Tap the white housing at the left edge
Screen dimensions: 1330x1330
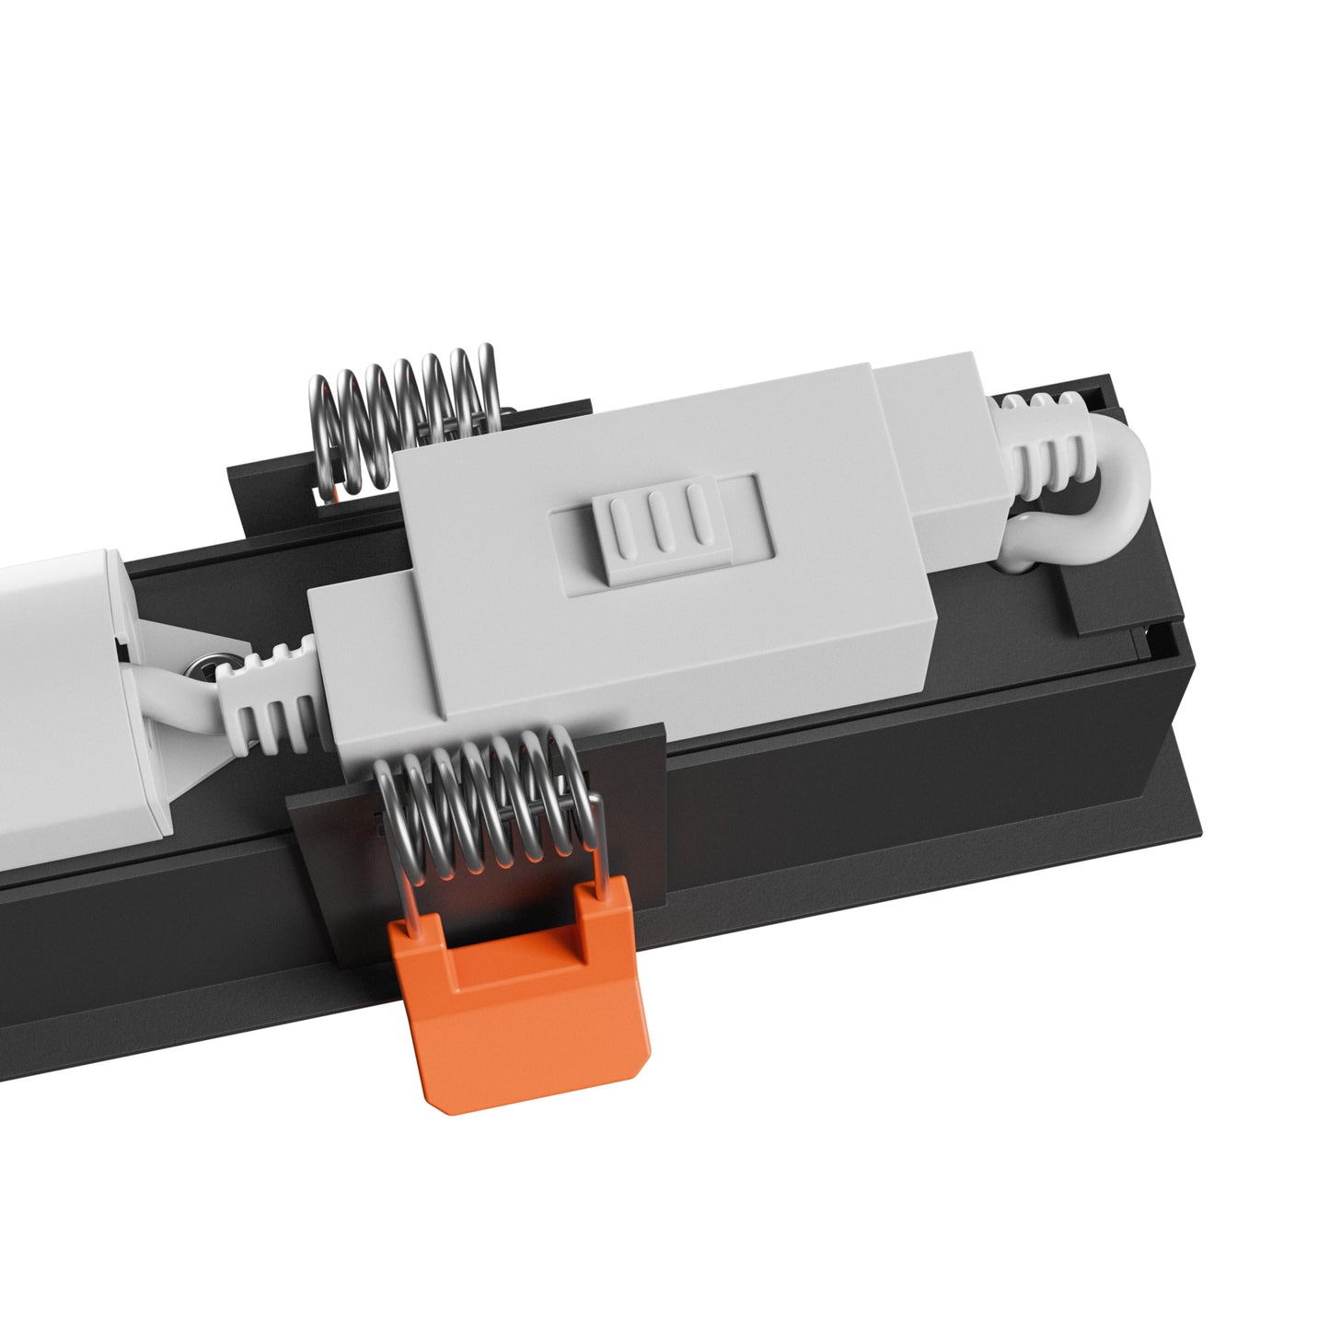55,700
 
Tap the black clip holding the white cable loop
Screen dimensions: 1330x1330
1095,598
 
